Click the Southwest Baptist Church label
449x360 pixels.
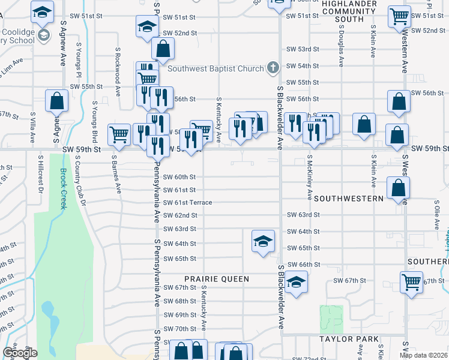(x=215, y=68)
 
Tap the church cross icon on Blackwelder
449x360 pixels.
(x=273, y=67)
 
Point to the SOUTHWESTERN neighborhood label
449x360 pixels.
(x=349, y=198)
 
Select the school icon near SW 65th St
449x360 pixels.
(x=263, y=241)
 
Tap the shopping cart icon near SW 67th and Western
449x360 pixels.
(x=411, y=281)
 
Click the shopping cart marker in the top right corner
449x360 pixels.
(x=399, y=16)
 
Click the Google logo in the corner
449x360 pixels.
(x=19, y=353)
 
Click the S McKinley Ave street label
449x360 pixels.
(x=309, y=177)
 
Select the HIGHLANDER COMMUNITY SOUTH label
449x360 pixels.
(x=351, y=11)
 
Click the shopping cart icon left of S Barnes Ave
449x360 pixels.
(x=119, y=134)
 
